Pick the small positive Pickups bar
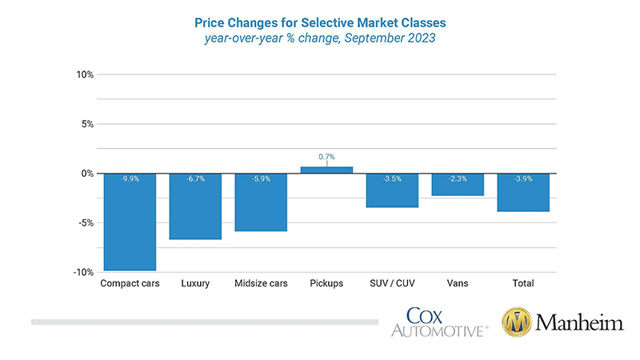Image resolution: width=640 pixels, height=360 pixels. click(326, 170)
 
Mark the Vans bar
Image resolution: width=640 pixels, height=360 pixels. click(458, 185)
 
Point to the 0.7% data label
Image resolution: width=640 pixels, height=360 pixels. click(326, 157)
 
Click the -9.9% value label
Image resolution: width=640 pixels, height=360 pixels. click(130, 179)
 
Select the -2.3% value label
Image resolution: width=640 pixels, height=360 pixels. click(458, 179)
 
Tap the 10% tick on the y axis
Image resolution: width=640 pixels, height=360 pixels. click(85, 74)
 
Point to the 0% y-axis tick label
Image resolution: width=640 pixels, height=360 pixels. click(87, 174)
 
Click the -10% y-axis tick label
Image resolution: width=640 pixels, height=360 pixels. click(84, 272)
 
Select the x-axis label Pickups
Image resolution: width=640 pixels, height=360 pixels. click(326, 284)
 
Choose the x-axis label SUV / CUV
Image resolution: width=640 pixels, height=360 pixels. click(392, 284)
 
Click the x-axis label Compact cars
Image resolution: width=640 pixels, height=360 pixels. click(130, 284)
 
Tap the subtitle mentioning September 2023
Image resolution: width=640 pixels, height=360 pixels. click(320, 37)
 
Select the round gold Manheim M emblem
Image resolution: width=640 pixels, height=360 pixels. click(518, 322)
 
